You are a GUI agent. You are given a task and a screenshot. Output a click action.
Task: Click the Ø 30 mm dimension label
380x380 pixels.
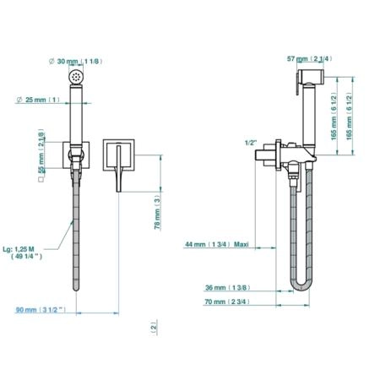click(75, 61)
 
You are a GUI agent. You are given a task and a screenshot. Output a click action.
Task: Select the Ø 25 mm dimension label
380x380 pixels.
click(38, 100)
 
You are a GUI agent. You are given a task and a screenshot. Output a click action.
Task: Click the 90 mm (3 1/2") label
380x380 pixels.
click(41, 310)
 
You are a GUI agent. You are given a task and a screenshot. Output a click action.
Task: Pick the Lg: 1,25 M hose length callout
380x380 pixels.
click(23, 252)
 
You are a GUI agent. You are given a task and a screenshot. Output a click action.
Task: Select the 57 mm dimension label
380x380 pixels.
click(309, 58)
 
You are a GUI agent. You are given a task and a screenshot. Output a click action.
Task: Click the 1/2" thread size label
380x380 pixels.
click(251, 143)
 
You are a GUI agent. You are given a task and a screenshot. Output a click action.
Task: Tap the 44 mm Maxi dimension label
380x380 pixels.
click(217, 244)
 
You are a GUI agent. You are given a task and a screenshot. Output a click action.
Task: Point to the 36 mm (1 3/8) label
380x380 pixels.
click(228, 287)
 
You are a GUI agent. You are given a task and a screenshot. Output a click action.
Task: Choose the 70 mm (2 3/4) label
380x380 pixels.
click(227, 301)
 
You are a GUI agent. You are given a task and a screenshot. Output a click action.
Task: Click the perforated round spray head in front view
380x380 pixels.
click(76, 76)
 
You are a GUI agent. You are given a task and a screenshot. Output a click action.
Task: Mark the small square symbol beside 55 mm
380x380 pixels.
click(41, 179)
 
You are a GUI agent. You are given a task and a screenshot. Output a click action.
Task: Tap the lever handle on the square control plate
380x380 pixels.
click(119, 168)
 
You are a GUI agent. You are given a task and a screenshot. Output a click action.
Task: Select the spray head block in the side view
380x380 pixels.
click(311, 76)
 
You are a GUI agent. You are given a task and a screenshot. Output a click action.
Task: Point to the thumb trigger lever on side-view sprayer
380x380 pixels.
click(297, 84)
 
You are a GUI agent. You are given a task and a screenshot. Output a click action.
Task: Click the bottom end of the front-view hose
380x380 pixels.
click(76, 290)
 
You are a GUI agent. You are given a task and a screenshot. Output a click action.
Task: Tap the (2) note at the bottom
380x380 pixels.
click(154, 328)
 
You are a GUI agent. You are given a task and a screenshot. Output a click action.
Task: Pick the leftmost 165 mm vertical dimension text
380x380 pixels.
click(334, 117)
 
